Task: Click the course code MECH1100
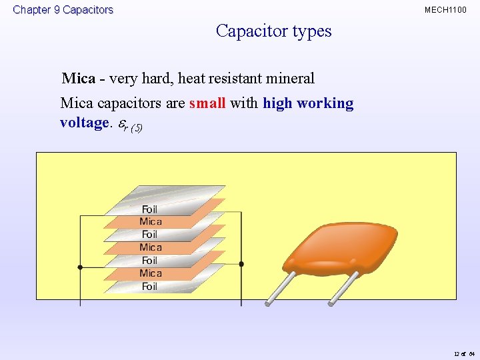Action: pos(445,10)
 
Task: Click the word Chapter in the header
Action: pos(32,10)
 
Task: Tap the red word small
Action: pos(207,103)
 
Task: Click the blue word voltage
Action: pos(83,123)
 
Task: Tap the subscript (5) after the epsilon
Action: pos(135,127)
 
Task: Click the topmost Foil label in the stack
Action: pos(150,209)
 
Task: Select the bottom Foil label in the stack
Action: pos(150,287)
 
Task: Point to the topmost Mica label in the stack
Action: pos(151,222)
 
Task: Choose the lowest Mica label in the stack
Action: pos(151,273)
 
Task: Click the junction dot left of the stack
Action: pos(80,267)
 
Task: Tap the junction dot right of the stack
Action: pos(241,264)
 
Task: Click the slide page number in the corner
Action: pos(463,353)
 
